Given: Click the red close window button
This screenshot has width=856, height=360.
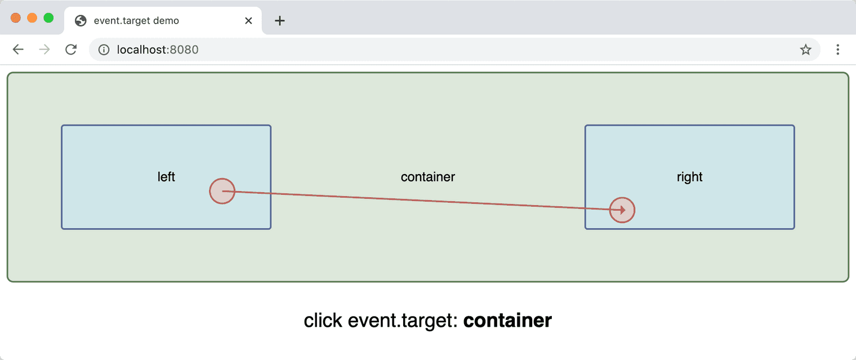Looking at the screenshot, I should click(16, 18).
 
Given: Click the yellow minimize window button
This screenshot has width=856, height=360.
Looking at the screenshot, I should click(32, 18).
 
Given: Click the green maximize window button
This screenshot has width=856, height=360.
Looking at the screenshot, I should click(48, 18).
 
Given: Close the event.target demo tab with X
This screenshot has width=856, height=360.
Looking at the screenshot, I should click(248, 21).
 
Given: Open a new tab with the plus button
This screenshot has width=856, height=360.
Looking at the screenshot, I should click(280, 21).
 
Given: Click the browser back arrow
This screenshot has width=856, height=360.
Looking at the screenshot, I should click(18, 50).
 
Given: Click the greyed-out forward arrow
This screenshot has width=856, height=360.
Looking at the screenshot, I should click(44, 50).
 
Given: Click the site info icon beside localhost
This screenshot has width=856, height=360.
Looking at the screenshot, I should click(104, 50).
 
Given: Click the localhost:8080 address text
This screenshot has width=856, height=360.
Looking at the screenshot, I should click(158, 50).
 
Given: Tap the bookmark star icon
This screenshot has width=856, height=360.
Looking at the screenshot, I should click(805, 50).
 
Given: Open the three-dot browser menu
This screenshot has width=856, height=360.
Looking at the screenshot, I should click(837, 50).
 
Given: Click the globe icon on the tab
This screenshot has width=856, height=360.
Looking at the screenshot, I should click(81, 21).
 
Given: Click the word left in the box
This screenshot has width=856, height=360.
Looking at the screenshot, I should click(166, 177).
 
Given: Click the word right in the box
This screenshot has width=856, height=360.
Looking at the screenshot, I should click(689, 177).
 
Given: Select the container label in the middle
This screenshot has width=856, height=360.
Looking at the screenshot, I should click(427, 177).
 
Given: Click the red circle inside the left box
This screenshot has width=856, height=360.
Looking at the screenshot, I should click(222, 191).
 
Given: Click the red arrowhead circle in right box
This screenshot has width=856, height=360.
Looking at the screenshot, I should click(622, 210).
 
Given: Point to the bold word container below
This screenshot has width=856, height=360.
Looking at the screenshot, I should click(507, 321).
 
